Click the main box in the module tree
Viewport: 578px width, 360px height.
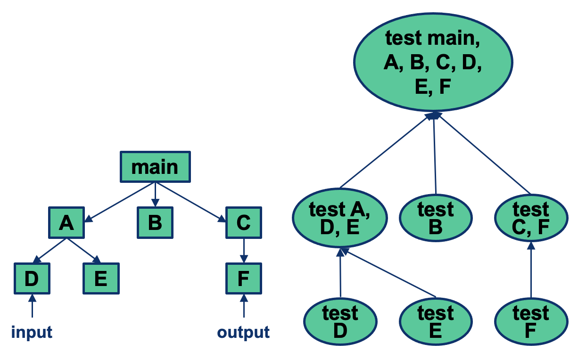click(156, 167)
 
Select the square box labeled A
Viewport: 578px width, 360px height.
click(66, 222)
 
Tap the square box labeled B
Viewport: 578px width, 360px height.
click(155, 222)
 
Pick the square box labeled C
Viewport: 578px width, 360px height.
click(243, 222)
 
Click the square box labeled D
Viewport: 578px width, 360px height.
click(32, 278)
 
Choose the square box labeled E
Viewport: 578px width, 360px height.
click(101, 278)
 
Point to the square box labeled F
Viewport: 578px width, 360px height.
click(243, 278)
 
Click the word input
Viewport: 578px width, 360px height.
click(32, 332)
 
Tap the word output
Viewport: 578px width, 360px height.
click(243, 332)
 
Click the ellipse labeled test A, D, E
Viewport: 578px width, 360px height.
click(340, 218)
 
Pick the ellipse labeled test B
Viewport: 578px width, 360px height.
click(436, 218)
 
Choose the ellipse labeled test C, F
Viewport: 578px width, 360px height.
click(531, 218)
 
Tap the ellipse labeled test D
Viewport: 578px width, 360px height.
click(340, 322)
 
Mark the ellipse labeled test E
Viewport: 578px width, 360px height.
click(436, 322)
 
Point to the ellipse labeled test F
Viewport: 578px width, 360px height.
click(531, 322)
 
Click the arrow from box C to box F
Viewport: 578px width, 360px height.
click(243, 250)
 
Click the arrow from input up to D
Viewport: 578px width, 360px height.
click(32, 306)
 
